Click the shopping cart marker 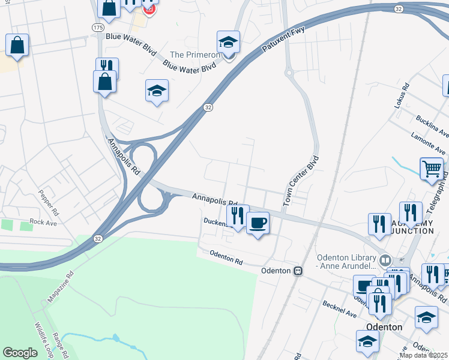(432, 169)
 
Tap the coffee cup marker (258, 223)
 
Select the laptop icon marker (364, 286)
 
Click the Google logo (20, 353)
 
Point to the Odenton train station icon (297, 271)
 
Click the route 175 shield (98, 28)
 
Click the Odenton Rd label (226, 258)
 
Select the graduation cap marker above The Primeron (228, 43)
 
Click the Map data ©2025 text (424, 355)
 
